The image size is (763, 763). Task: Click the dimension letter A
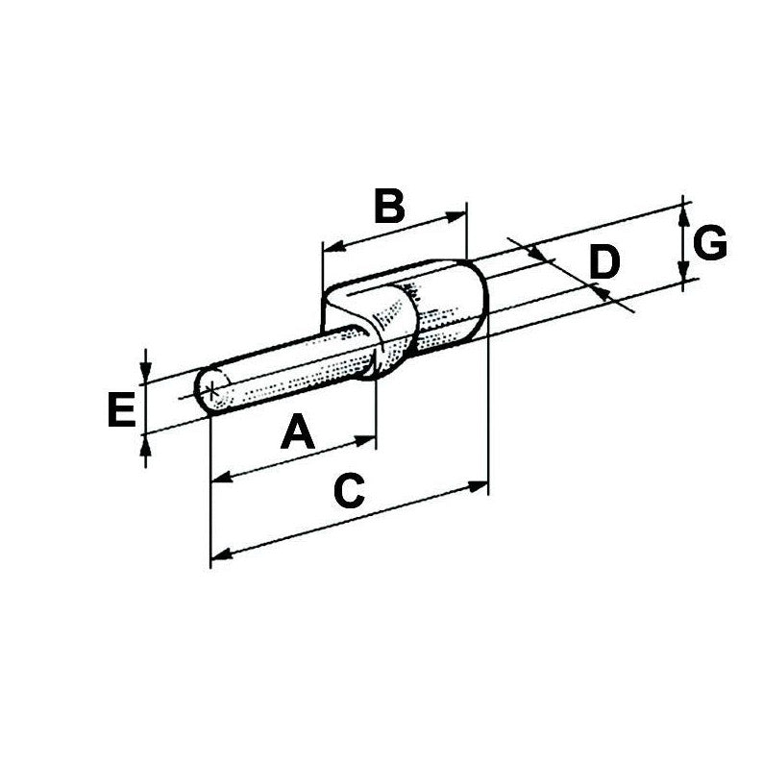pyautogui.click(x=298, y=431)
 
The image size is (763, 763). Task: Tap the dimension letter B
pyautogui.click(x=388, y=207)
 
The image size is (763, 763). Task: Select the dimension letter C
pyautogui.click(x=348, y=491)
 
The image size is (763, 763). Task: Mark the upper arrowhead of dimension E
pyautogui.click(x=145, y=378)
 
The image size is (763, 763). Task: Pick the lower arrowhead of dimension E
pyautogui.click(x=145, y=441)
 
